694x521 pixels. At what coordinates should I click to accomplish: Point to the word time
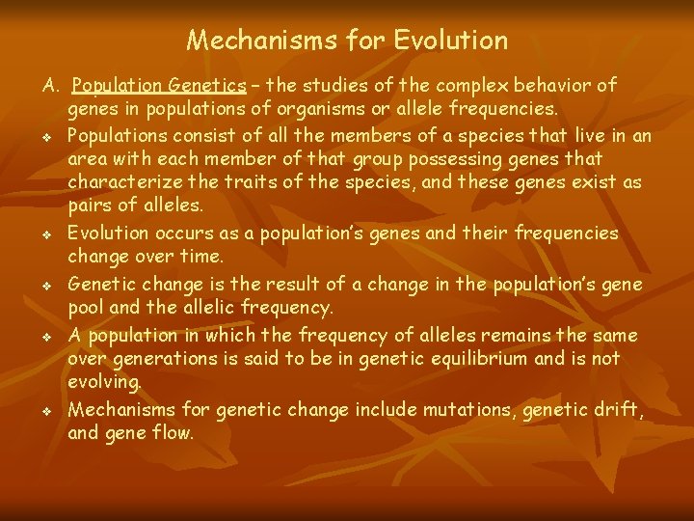pos(201,258)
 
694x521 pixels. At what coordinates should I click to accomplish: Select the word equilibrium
pos(450,358)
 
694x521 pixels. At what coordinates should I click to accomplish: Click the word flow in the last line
pos(171,433)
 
